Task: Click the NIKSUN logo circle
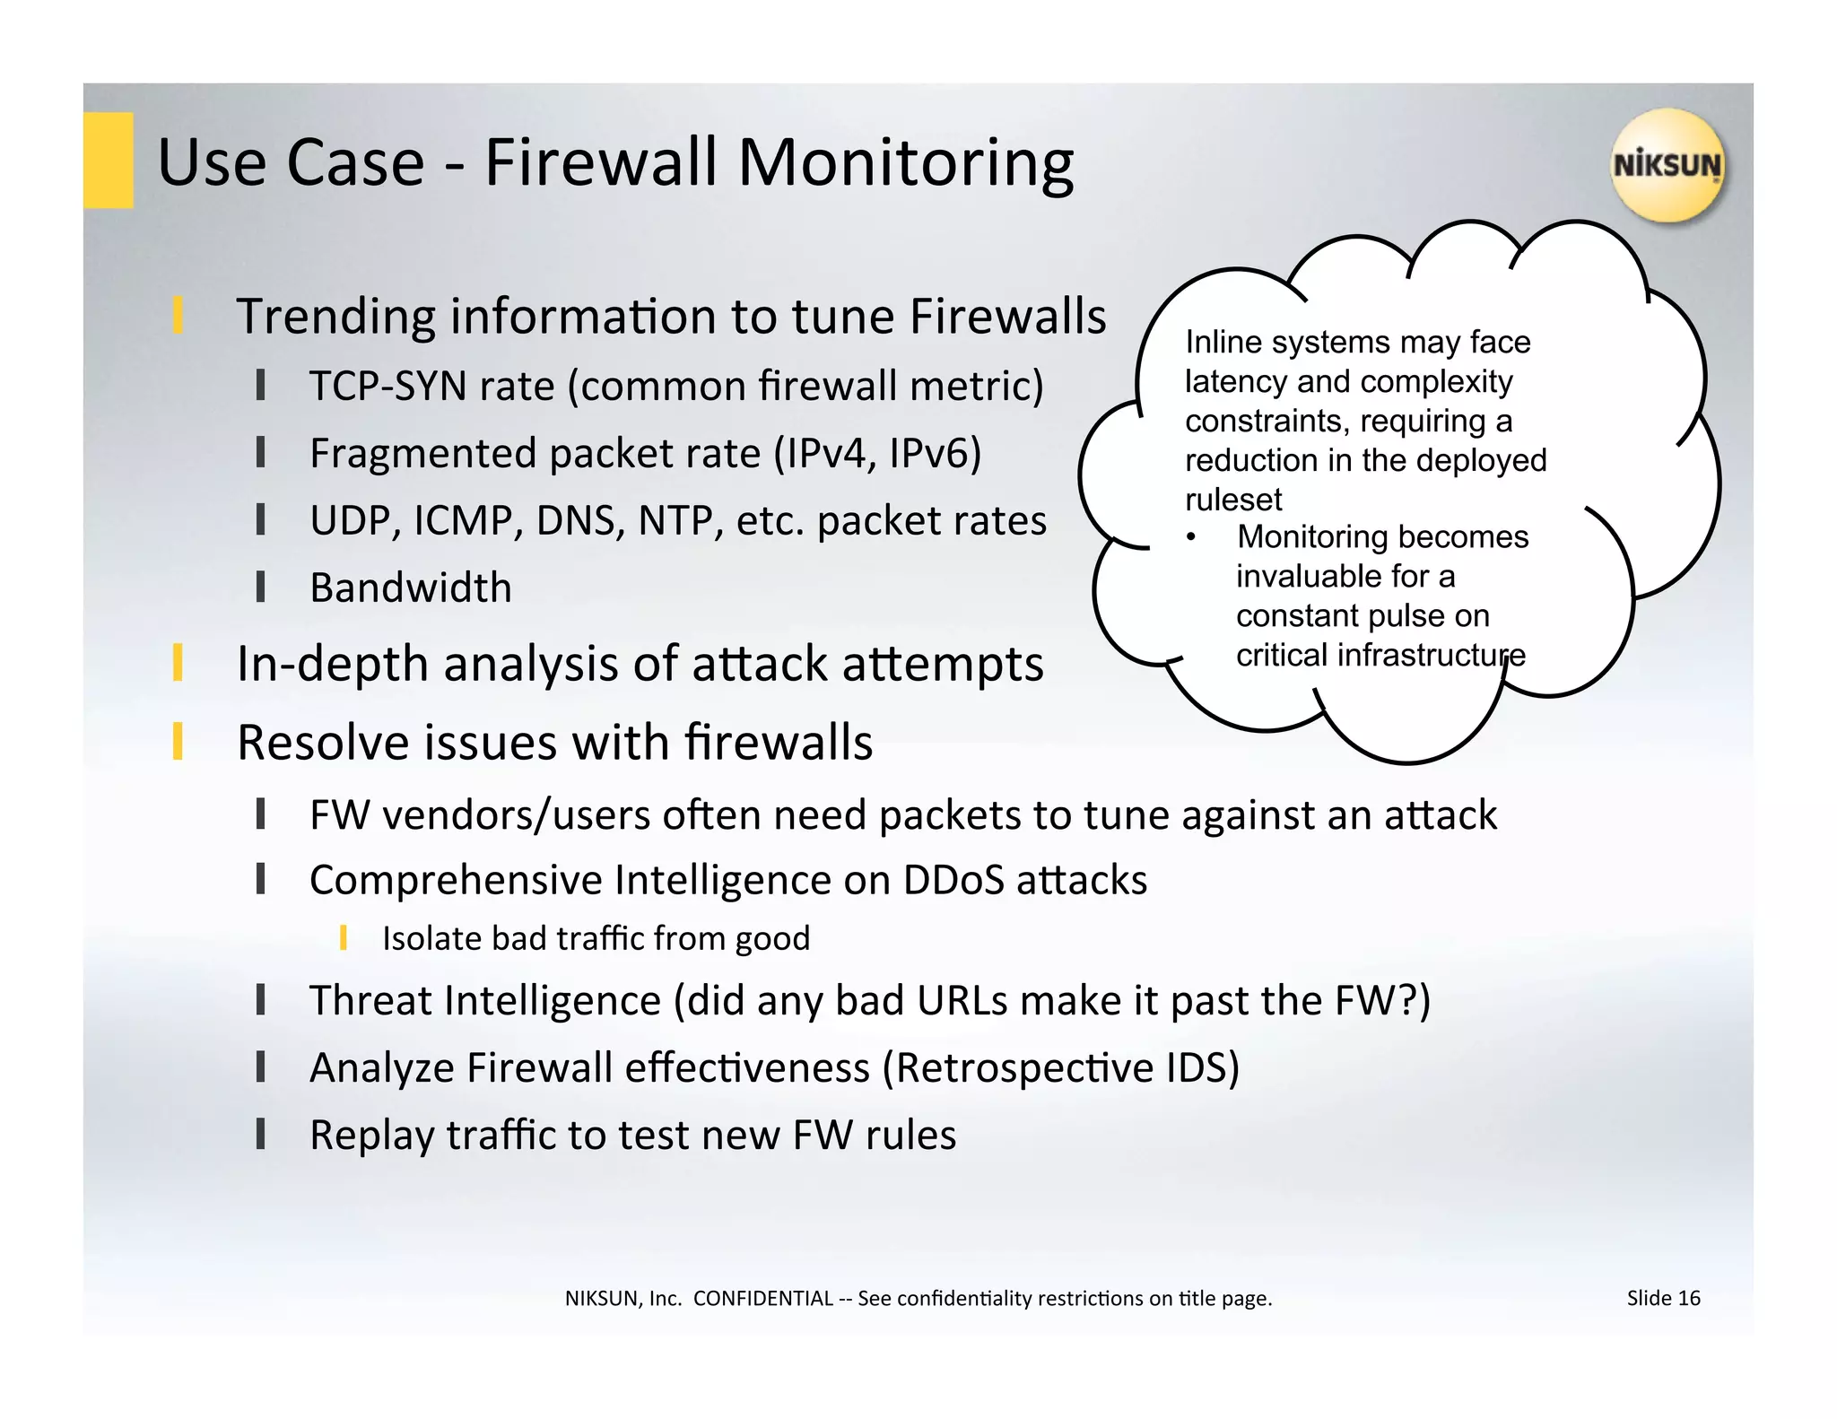click(1667, 165)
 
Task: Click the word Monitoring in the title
click(905, 163)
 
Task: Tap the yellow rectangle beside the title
click(109, 161)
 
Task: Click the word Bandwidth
click(410, 588)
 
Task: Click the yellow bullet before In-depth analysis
click(178, 663)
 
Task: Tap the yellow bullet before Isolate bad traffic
click(344, 938)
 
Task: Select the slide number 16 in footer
click(1688, 1298)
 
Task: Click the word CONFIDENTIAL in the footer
click(762, 1299)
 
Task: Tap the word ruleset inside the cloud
click(1233, 500)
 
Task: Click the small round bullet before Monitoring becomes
click(1191, 537)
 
